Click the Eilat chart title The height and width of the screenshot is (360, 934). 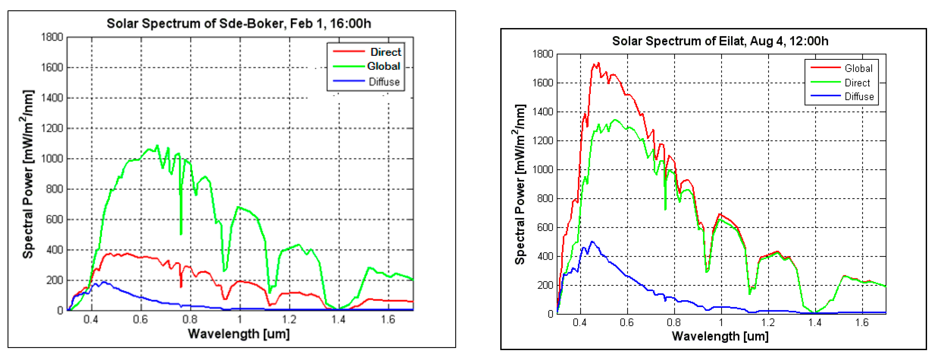(x=720, y=41)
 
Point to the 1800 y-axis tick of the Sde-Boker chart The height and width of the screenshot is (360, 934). (x=52, y=37)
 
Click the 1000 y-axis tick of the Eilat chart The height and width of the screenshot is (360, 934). (x=542, y=169)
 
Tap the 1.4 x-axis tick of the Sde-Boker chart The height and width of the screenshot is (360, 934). (x=338, y=319)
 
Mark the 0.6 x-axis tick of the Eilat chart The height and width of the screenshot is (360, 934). (x=627, y=322)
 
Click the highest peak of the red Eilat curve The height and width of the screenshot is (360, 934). (x=598, y=63)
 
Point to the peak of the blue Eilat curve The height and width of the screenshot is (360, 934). (x=592, y=241)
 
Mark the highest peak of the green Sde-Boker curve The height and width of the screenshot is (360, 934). (x=157, y=146)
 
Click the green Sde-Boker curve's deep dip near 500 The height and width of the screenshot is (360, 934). (x=181, y=234)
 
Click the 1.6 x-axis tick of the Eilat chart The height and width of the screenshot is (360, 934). (x=862, y=322)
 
